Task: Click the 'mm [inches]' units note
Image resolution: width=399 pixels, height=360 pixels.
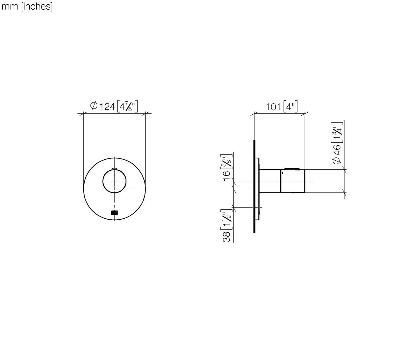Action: [27, 6]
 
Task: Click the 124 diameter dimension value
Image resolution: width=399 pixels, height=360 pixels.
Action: [107, 106]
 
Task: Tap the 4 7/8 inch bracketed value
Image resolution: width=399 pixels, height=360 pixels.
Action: [127, 106]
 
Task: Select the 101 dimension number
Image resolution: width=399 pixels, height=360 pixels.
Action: [273, 107]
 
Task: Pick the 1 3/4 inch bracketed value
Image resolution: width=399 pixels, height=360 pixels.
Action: [337, 132]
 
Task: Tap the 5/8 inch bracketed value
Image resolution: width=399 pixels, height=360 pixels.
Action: [226, 161]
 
